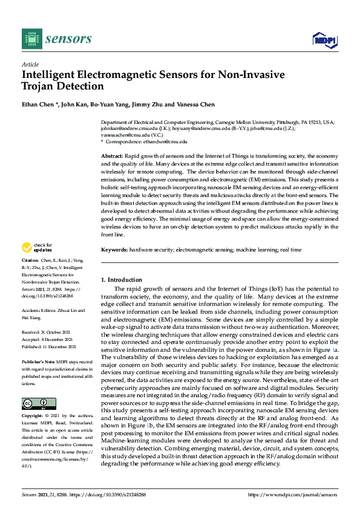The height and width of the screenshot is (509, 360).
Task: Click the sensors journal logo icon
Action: pos(31,39)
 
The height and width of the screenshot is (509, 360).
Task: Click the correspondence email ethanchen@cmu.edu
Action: pos(165,141)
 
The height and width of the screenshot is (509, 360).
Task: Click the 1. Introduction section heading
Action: pos(122,280)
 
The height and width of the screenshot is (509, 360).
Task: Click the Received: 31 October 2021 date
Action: pos(45,332)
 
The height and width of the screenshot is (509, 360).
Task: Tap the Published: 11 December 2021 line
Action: pos(48,347)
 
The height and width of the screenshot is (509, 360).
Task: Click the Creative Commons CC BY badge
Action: pos(39,403)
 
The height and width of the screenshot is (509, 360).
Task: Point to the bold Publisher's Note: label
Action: pos(38,361)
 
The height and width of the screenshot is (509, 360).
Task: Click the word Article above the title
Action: pos(30,64)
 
